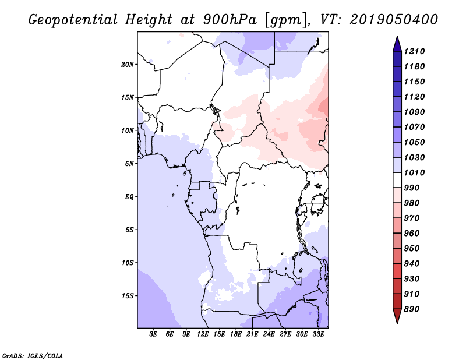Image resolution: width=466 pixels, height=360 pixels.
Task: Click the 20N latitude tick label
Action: [x=128, y=64]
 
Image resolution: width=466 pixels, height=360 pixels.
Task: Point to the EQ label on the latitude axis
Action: [x=129, y=196]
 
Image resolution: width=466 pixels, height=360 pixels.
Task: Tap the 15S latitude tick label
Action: [x=128, y=295]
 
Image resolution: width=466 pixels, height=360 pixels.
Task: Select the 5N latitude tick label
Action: [x=129, y=164]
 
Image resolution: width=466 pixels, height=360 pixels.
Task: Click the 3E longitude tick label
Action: [x=154, y=334]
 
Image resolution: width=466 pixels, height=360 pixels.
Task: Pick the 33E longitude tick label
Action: [x=318, y=334]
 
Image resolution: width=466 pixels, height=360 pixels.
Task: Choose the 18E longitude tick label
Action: [x=236, y=334]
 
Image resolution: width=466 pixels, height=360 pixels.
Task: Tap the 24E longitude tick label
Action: [x=269, y=334]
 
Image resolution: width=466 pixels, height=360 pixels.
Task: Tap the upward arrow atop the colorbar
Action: [x=397, y=42]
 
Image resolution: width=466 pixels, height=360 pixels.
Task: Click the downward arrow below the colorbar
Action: [x=397, y=317]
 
